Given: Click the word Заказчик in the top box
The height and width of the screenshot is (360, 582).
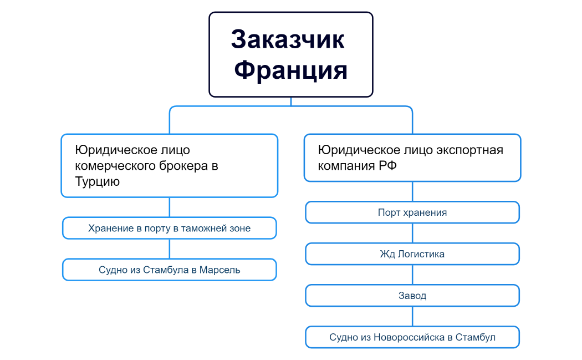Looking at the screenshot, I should (x=288, y=40).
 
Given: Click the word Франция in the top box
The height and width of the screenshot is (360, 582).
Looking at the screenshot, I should (x=290, y=70).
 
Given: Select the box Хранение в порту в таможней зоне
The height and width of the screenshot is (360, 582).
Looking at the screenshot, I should (x=169, y=228).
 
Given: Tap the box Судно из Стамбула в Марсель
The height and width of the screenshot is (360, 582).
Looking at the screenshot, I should (x=169, y=270).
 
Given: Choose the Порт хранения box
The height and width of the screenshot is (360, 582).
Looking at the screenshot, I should (x=412, y=212).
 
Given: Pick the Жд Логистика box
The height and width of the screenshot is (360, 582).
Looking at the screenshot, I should (x=412, y=254).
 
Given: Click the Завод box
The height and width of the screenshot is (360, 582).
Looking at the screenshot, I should (x=412, y=296).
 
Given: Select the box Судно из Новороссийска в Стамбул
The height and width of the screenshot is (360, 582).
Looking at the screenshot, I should (x=412, y=337).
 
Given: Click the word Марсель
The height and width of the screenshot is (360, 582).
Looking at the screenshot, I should (x=221, y=270).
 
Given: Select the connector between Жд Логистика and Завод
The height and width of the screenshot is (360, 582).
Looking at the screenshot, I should (x=412, y=275).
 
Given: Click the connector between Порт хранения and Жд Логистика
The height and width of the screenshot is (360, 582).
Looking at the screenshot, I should (x=412, y=233).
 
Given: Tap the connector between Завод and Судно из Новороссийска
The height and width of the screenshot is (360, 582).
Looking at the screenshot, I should (x=412, y=316).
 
